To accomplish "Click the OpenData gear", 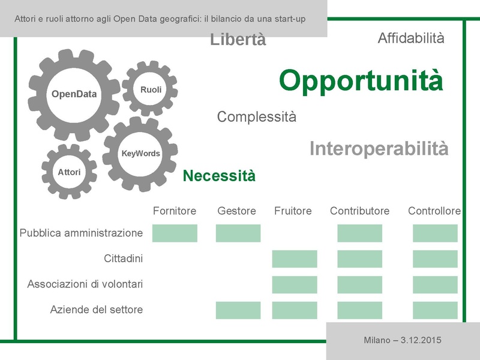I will [74, 94].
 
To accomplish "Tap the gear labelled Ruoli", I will [151, 89].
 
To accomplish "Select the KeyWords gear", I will [141, 154].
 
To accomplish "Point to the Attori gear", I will [69, 172].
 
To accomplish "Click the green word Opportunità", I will [361, 80].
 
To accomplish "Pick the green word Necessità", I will [219, 176].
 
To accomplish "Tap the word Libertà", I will [238, 40].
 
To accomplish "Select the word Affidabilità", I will [411, 38].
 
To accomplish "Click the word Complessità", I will [256, 116].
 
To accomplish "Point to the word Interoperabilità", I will [379, 149].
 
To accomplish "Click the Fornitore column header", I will [175, 211].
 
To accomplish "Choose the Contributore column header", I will [359, 211].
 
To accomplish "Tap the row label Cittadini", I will [123, 259].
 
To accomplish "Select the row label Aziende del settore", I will [97, 310].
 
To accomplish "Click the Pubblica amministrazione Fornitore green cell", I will [175, 233].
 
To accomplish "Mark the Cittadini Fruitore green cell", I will [295, 259].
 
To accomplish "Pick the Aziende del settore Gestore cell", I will [238, 310].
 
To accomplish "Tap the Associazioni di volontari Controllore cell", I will [435, 284].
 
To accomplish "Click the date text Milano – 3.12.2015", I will [403, 340].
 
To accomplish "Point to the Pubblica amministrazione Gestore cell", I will [238, 233].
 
